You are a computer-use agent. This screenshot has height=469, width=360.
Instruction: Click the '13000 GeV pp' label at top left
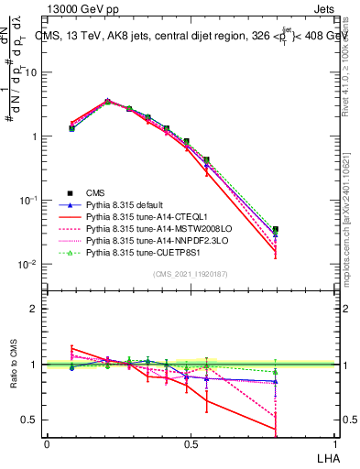click(79, 9)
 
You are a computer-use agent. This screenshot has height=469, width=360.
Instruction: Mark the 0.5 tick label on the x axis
click(190, 443)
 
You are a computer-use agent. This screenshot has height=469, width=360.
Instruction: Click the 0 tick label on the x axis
click(48, 443)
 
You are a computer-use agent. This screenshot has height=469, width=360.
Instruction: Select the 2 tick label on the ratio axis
click(35, 309)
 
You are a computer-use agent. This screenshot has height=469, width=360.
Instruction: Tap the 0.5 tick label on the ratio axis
click(30, 420)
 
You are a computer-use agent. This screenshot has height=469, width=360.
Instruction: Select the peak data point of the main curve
click(107, 102)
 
